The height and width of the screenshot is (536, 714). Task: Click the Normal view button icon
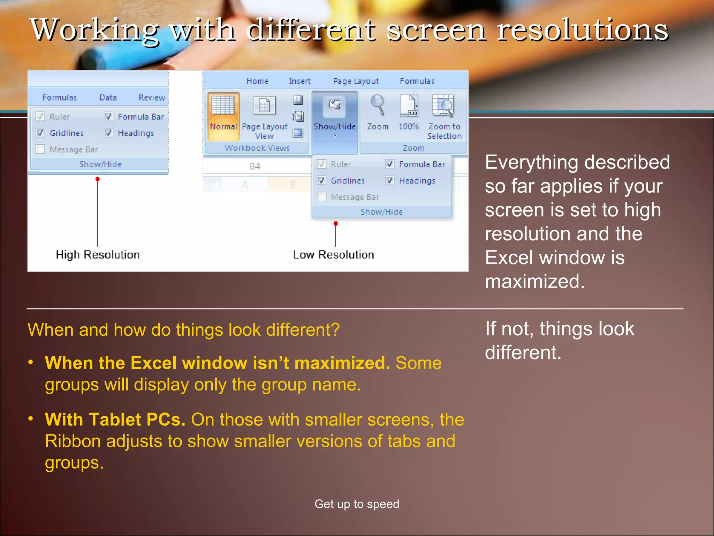coord(223,105)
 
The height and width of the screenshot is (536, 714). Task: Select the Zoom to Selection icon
coord(443,106)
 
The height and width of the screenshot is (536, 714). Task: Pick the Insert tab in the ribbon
coord(299,81)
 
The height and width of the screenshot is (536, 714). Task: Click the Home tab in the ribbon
coord(257,81)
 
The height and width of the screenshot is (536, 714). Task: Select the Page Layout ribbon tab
coord(356,81)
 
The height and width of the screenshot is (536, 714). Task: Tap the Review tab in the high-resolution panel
coord(152,98)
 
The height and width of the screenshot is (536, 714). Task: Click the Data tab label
coord(108,98)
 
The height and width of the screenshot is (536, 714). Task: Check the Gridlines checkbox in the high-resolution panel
coord(40,133)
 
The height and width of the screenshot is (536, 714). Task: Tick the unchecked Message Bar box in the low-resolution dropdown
coord(321,197)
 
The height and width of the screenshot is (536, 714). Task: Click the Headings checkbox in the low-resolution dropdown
coord(390,180)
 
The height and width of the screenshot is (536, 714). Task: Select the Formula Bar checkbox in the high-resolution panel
coord(109,117)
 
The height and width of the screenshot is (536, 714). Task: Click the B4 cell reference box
coord(255,166)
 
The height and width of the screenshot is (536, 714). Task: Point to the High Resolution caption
coord(98,255)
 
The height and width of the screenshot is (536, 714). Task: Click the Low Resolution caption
coord(333,255)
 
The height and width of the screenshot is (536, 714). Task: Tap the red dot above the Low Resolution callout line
coord(336,223)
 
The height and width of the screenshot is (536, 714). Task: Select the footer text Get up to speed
coord(357,504)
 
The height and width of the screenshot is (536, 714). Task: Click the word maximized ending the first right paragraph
coord(534,282)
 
